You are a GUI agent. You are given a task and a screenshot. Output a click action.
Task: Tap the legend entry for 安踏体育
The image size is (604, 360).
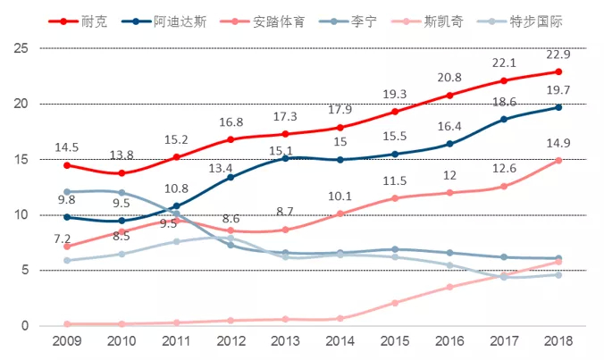point(277,20)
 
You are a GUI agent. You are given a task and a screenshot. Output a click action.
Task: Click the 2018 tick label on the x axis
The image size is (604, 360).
point(558,343)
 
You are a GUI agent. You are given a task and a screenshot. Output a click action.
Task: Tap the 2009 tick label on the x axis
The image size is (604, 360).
point(66,343)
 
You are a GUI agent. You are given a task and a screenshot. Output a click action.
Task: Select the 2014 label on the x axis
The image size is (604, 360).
point(340,343)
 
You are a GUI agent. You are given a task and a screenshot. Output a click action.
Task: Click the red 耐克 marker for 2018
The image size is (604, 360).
point(558,71)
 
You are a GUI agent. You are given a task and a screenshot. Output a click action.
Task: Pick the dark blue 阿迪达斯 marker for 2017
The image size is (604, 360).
point(503,119)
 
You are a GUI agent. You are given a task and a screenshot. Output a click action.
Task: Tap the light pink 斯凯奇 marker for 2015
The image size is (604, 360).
point(394,303)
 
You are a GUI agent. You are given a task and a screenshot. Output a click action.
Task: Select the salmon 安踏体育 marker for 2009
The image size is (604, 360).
point(66,246)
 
